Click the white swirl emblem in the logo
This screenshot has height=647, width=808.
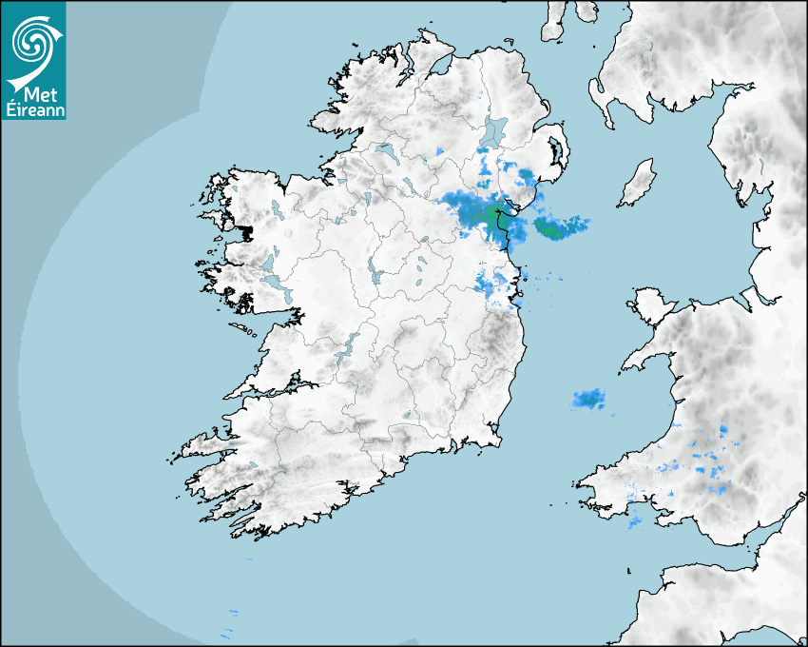coord(32,42)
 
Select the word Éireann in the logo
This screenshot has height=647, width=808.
coord(35,108)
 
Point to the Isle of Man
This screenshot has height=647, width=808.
coord(638,184)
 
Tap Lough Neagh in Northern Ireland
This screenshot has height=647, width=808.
coord(494,130)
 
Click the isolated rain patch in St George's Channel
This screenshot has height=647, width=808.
coord(589,400)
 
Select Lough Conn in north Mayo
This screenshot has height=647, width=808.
coord(276,207)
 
